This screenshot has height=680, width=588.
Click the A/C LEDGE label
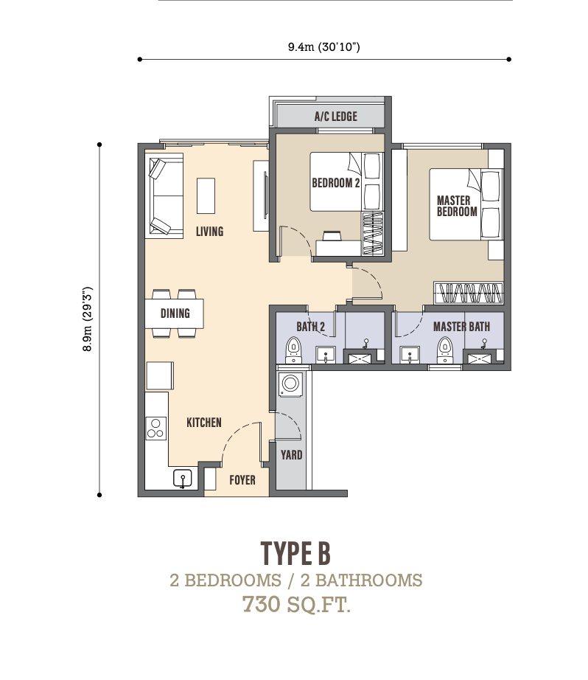tap(336, 117)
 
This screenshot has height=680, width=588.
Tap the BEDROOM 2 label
tap(336, 183)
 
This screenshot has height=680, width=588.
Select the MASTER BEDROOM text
tap(457, 206)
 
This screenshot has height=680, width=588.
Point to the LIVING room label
tap(210, 231)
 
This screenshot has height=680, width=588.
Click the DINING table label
tap(175, 313)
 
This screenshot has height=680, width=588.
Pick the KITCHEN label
tap(204, 423)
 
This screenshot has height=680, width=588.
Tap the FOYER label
tap(242, 480)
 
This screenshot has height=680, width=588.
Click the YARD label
tap(291, 455)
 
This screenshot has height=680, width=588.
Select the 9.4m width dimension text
tap(324, 46)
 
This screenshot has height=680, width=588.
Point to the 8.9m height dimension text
tap(88, 319)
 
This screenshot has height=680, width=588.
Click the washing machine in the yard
tap(290, 384)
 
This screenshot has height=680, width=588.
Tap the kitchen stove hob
tap(156, 428)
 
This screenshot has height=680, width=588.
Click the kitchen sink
tap(183, 479)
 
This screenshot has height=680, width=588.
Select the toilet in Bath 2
tap(293, 350)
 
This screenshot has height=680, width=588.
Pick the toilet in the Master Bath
tap(444, 350)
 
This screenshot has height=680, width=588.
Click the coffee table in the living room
tap(206, 195)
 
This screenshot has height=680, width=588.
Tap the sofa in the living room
tap(164, 195)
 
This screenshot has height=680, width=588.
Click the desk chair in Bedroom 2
tap(331, 236)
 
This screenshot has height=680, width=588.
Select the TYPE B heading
tap(296, 553)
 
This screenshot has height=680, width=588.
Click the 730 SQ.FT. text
tap(296, 604)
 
